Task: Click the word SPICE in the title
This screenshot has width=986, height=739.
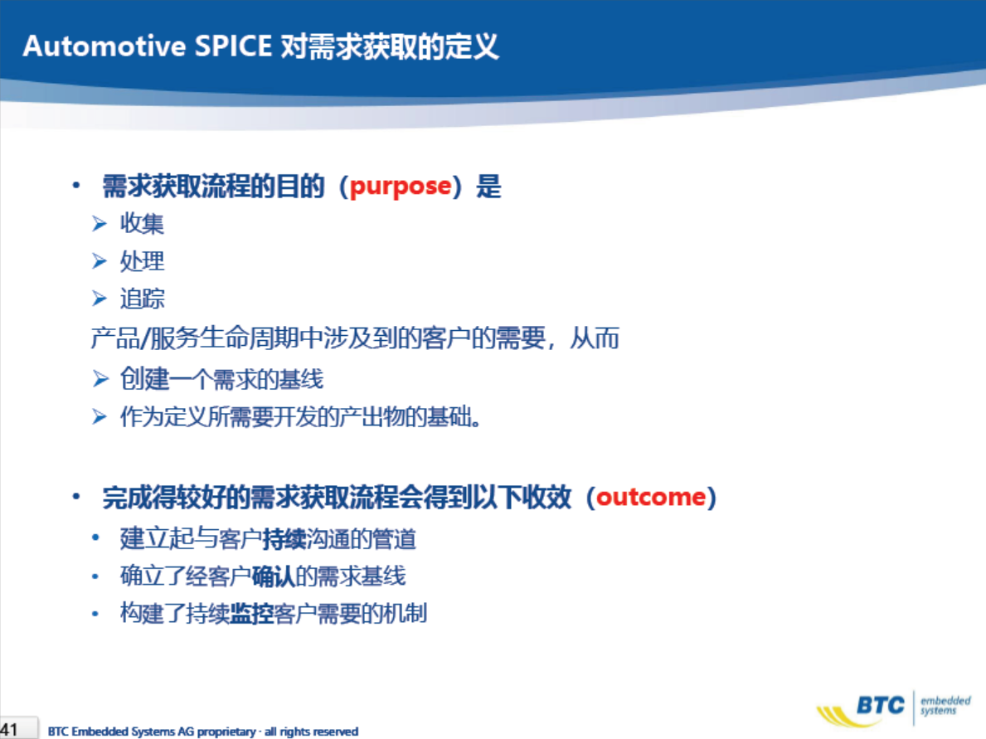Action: point(233,46)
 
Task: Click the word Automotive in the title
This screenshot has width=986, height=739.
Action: point(104,46)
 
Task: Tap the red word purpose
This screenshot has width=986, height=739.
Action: point(401,187)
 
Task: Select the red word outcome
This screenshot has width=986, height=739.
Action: point(651,497)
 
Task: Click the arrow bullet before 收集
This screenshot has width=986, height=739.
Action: point(100,223)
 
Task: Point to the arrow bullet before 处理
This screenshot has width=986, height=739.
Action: point(100,261)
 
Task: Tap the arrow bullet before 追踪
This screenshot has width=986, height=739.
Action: point(100,298)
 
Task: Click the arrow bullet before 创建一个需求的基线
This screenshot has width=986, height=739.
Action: point(100,378)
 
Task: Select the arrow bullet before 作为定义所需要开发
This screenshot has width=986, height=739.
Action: point(100,416)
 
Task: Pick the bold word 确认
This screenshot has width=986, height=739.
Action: point(274,576)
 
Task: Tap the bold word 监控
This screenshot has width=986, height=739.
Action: point(251,613)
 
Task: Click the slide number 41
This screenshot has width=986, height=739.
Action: point(9,730)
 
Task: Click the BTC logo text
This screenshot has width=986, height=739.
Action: point(881,706)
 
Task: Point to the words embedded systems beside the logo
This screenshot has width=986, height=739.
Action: point(945,705)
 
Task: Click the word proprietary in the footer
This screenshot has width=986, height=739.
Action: point(226,732)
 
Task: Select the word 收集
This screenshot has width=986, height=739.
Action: point(142,223)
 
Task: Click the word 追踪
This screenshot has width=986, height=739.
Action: point(142,298)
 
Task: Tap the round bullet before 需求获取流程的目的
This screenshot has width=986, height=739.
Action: point(76,185)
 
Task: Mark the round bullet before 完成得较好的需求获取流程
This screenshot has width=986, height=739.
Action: point(76,496)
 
